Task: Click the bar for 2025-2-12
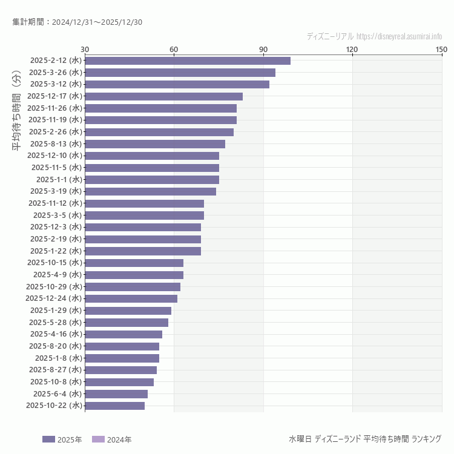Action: click(188, 61)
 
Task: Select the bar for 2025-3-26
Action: click(180, 73)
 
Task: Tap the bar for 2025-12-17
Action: click(163, 96)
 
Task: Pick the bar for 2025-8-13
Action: click(155, 144)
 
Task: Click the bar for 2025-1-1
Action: click(152, 180)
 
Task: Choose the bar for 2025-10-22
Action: click(115, 406)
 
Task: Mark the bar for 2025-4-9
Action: click(134, 275)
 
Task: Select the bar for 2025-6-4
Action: click(116, 394)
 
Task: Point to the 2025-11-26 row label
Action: click(55, 108)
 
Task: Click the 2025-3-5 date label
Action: click(58, 215)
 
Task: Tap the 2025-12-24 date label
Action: click(54, 298)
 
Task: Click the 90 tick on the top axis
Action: click(263, 49)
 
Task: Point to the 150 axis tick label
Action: click(441, 49)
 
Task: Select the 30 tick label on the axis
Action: click(85, 49)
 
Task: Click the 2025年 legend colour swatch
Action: click(48, 439)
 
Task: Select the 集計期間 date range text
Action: click(77, 22)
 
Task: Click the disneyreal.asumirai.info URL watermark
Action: click(399, 36)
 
